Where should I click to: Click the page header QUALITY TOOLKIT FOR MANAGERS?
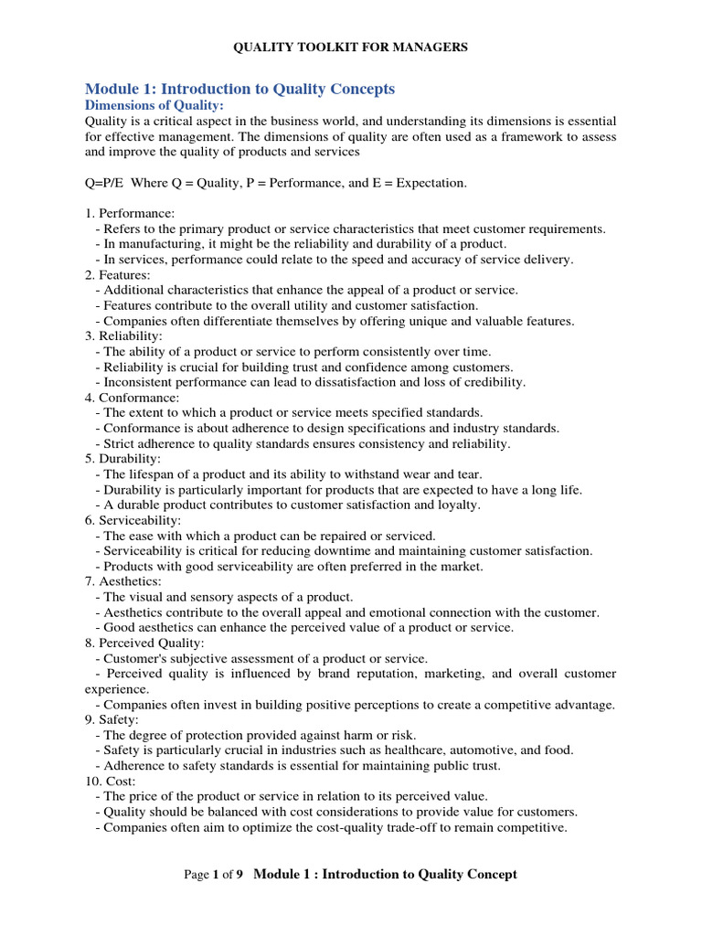(351, 48)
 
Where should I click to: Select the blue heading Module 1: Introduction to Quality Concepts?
(239, 89)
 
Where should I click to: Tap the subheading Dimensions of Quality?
(154, 106)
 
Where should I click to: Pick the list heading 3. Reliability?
(124, 336)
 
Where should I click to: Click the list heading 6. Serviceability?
(133, 520)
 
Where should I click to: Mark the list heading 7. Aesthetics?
(123, 581)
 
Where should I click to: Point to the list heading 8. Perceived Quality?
(144, 643)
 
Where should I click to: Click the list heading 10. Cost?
(112, 781)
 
